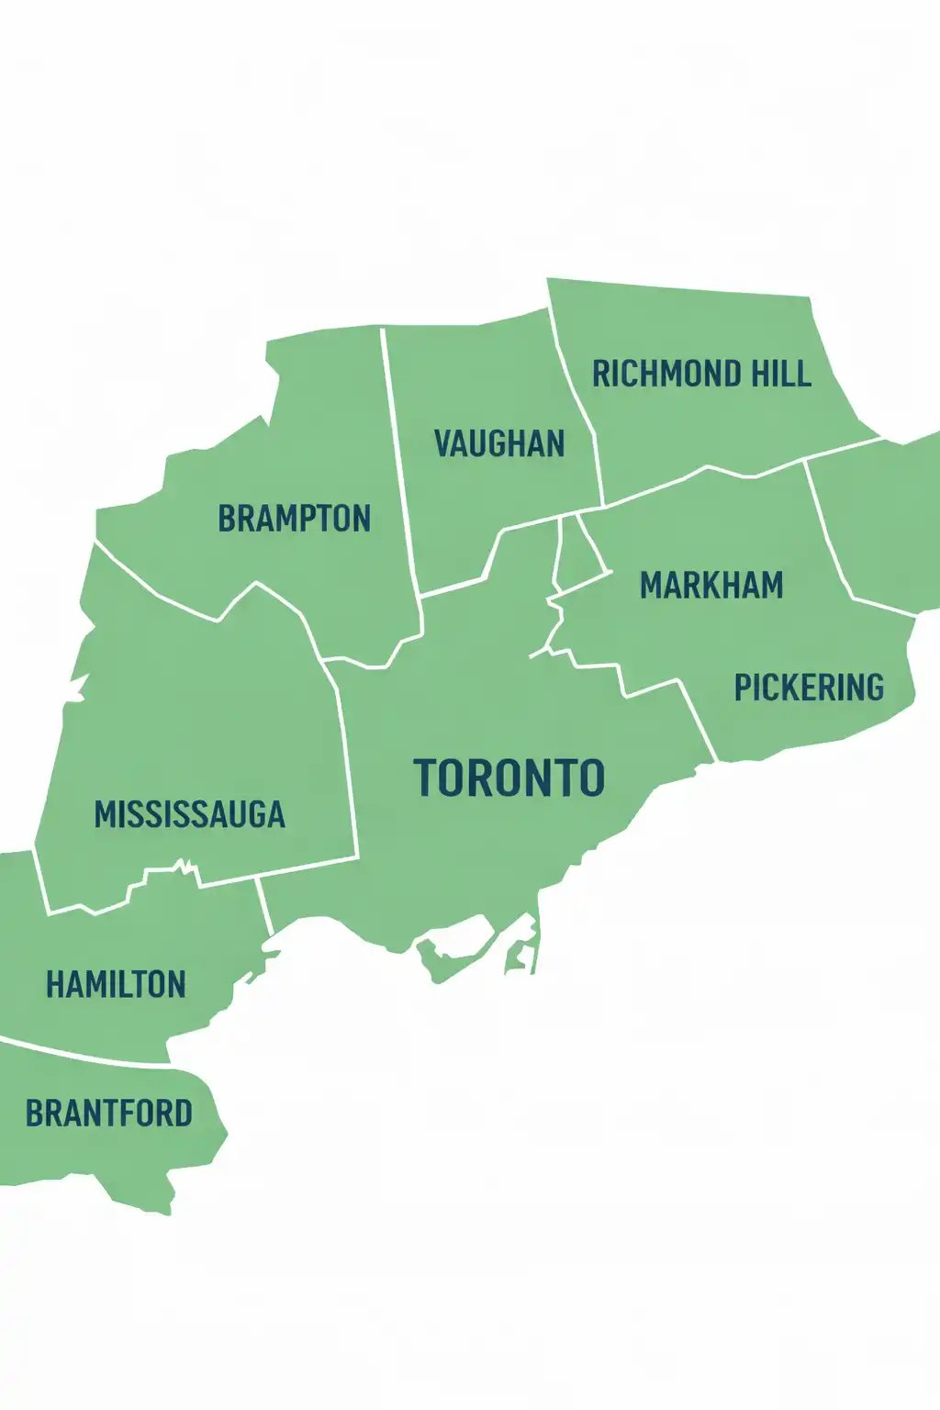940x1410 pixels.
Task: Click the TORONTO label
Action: click(x=509, y=778)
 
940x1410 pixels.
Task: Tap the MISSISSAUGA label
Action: click(x=190, y=815)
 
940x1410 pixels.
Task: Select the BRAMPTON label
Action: click(x=294, y=519)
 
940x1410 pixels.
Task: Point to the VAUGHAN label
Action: click(x=499, y=444)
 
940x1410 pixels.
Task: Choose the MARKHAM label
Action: click(x=711, y=586)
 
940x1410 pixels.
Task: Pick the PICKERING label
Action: click(x=809, y=688)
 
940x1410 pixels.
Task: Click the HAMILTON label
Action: click(x=117, y=986)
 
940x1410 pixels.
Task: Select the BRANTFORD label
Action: click(x=109, y=1113)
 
